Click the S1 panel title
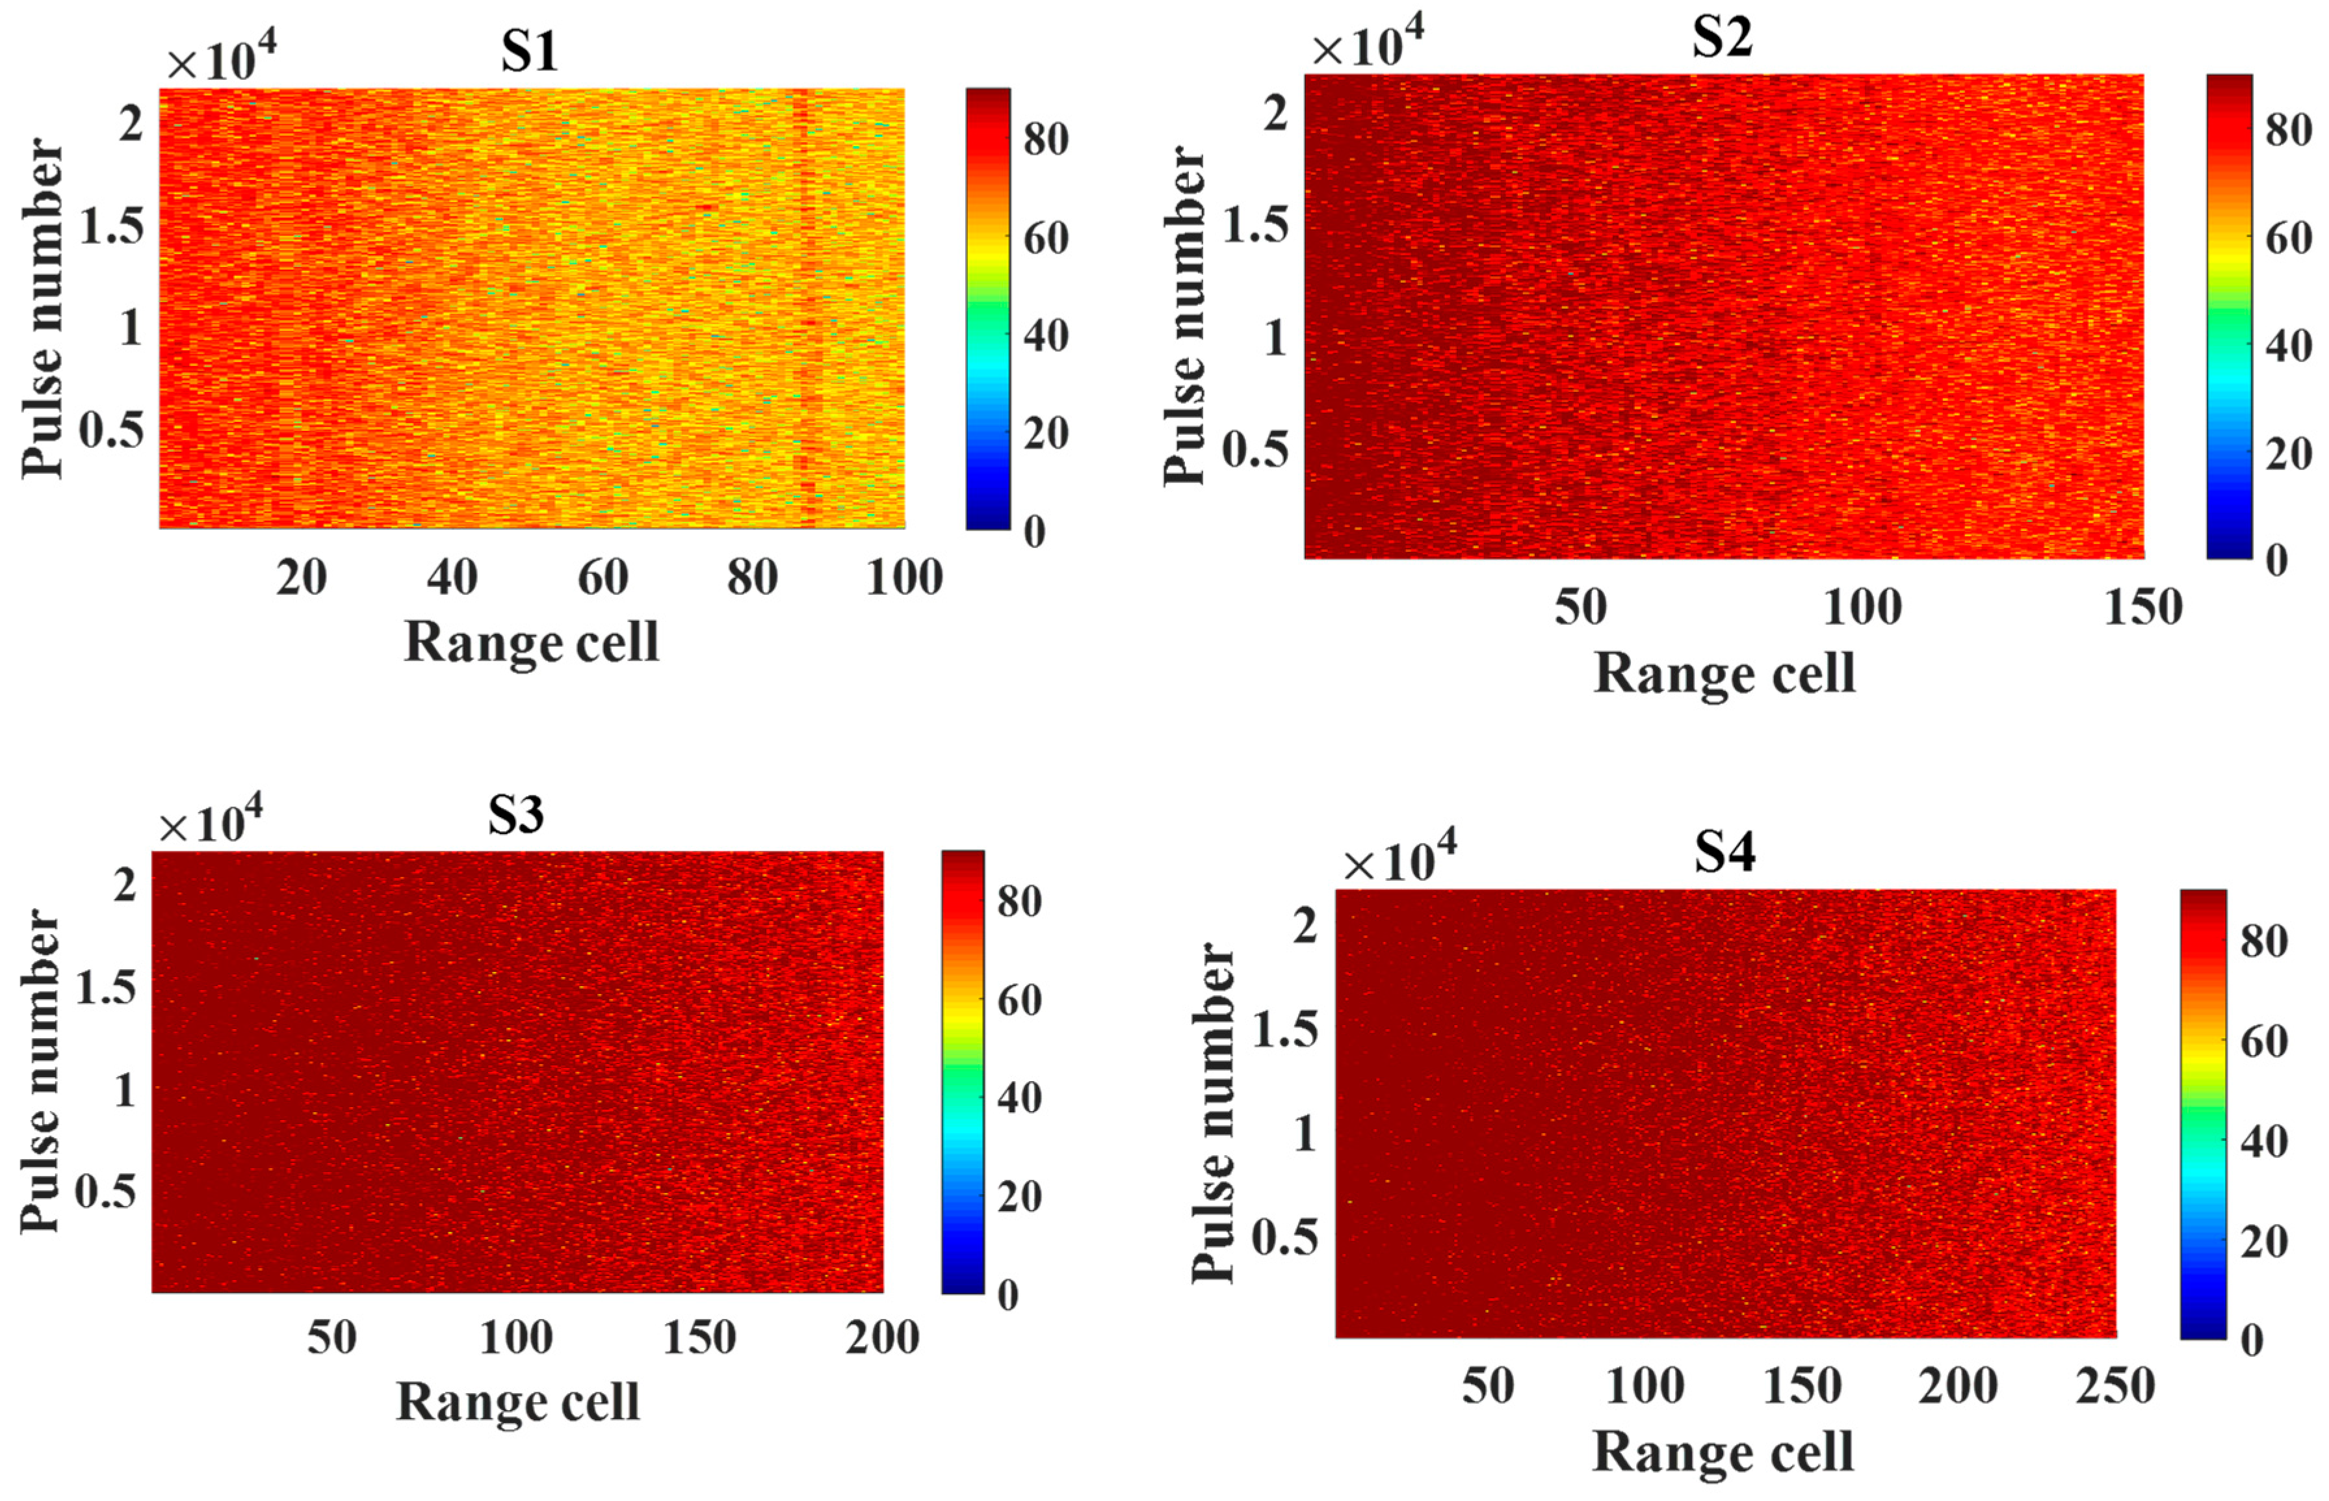pyautogui.click(x=529, y=53)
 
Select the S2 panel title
pyautogui.click(x=1721, y=39)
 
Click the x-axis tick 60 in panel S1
pyautogui.click(x=602, y=578)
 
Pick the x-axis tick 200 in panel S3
pyautogui.click(x=882, y=1337)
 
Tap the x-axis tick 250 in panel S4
pyautogui.click(x=2114, y=1385)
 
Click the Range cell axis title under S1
pyautogui.click(x=531, y=642)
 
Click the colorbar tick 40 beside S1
pyautogui.click(x=1046, y=336)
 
